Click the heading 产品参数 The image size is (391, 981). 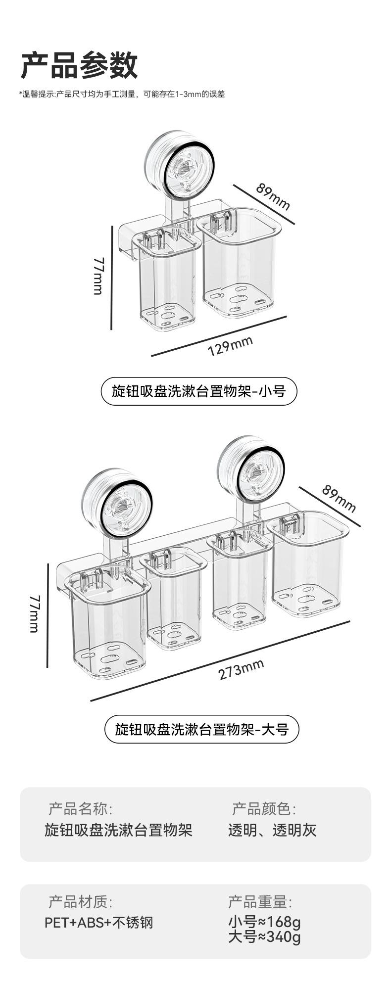tap(79, 65)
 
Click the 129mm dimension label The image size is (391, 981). tap(230, 345)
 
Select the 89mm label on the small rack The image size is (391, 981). tap(273, 196)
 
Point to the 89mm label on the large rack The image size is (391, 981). tap(339, 498)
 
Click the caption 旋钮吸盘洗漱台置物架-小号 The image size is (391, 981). tap(199, 391)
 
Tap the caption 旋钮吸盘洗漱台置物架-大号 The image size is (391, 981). tap(201, 729)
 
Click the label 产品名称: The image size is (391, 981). tap(80, 809)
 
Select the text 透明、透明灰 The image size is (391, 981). tap(272, 830)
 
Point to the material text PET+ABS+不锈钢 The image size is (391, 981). tap(99, 922)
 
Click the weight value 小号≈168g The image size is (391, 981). tap(264, 922)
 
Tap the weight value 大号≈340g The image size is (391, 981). tap(264, 936)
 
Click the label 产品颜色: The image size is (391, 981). tap(264, 809)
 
